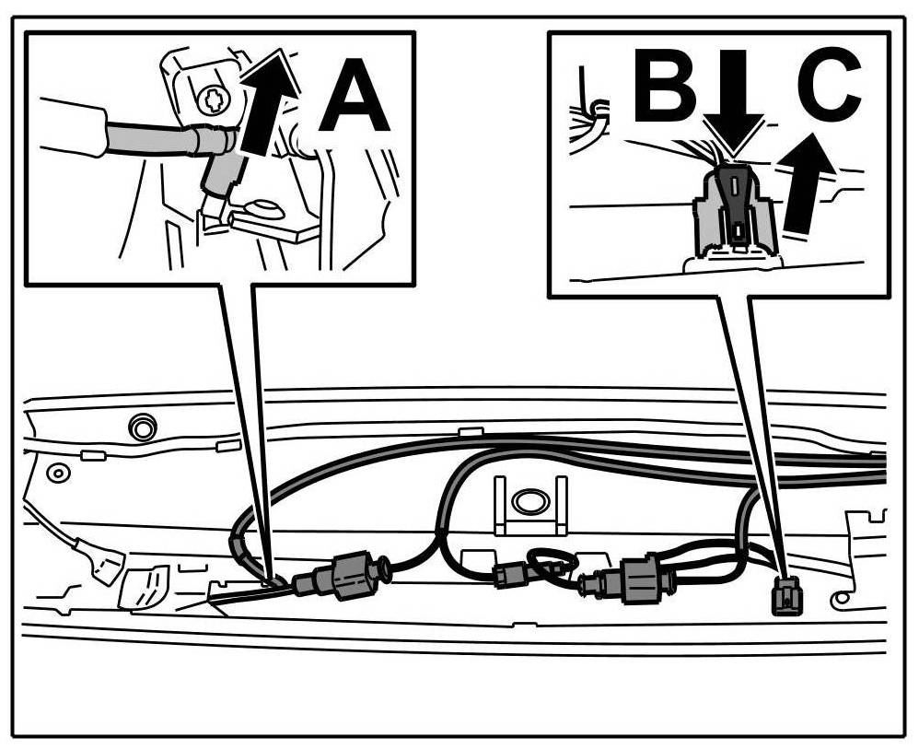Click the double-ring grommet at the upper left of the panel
tap(141, 427)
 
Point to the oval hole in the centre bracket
tap(529, 501)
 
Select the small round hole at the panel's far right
tap(842, 600)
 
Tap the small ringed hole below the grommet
tap(58, 474)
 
